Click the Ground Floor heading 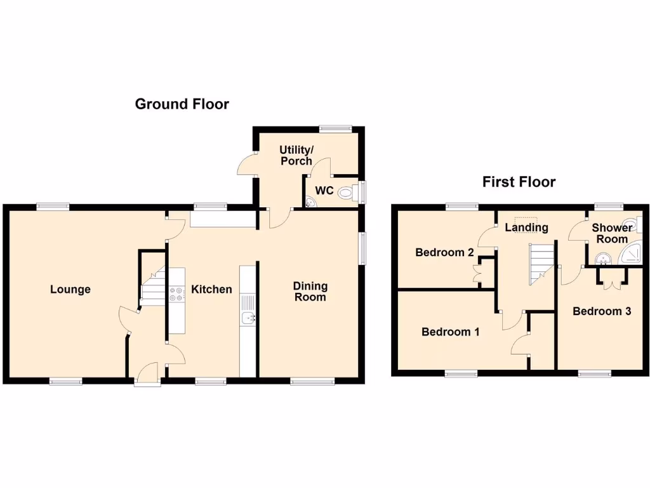click(x=182, y=104)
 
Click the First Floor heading click(x=519, y=182)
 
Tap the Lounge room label click(x=70, y=290)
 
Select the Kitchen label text click(x=211, y=290)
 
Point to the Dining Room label click(x=310, y=292)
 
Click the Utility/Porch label click(x=296, y=155)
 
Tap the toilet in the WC click(x=346, y=192)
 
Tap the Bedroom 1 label click(x=450, y=332)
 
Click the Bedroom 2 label click(x=444, y=252)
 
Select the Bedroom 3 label click(x=601, y=311)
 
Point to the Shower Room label click(x=612, y=233)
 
